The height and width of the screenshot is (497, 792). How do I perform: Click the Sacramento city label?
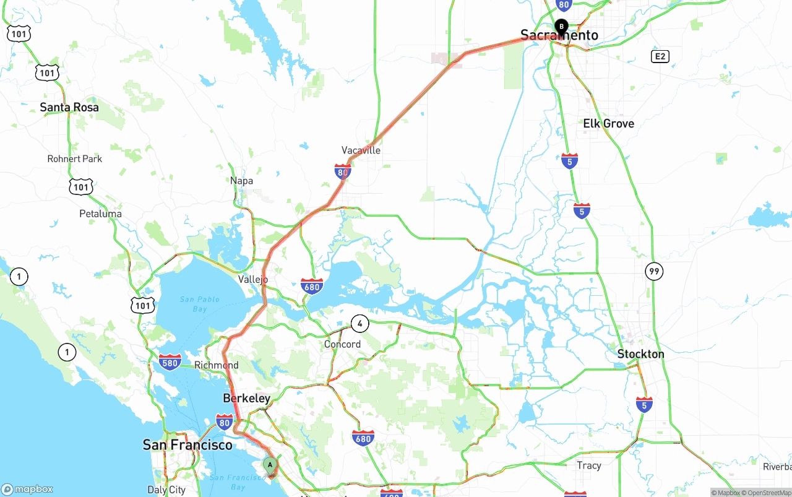click(559, 35)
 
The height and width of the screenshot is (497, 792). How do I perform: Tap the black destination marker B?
click(561, 27)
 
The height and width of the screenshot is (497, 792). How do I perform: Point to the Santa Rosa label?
click(69, 107)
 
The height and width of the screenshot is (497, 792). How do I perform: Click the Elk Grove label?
click(608, 124)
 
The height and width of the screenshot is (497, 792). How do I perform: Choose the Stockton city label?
click(640, 354)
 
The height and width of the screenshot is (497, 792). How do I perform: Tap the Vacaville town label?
click(361, 150)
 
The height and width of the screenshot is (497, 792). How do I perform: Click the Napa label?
click(241, 181)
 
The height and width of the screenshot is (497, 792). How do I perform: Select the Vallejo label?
click(253, 279)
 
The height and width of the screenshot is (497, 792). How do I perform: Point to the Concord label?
click(342, 344)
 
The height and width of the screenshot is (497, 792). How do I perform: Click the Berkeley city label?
click(246, 398)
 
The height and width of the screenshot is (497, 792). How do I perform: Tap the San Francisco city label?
click(187, 444)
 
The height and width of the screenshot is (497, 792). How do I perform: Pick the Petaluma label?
click(100, 214)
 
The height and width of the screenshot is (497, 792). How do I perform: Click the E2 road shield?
click(660, 57)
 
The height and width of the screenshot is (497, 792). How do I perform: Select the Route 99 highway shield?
click(654, 270)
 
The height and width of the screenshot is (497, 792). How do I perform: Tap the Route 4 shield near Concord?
click(359, 323)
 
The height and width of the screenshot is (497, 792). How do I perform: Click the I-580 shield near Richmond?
click(170, 362)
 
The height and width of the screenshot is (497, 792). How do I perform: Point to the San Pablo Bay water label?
click(200, 304)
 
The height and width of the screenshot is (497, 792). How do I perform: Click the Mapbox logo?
click(27, 489)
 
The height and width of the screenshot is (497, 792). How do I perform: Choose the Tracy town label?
click(588, 465)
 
